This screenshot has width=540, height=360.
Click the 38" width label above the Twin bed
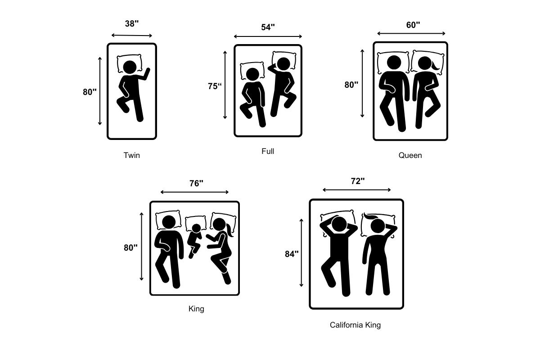132,24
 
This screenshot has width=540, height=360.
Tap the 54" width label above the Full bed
268,27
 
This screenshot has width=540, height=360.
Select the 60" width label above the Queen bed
413,25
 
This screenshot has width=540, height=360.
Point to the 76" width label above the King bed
196,183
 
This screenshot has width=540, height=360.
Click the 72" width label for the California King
358,181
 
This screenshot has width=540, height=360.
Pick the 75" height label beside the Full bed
215,86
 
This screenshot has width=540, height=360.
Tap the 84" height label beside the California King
292,254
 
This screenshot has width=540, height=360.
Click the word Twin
131,155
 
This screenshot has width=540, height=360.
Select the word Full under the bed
268,151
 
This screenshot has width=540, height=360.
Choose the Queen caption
410,155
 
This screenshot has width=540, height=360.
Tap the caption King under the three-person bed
196,309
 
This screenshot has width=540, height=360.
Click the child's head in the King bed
196,228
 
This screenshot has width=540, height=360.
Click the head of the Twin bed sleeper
130,67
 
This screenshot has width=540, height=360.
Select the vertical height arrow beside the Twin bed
100,91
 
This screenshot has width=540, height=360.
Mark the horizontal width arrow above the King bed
194,192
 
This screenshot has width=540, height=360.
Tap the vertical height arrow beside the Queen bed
362,83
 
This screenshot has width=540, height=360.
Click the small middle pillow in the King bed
196,223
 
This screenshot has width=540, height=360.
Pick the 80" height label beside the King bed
130,247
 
